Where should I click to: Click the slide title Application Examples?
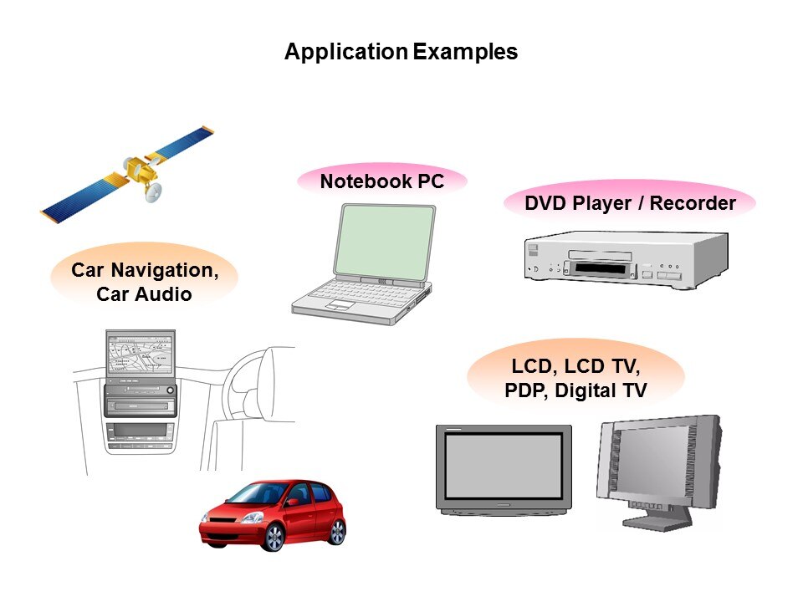401,52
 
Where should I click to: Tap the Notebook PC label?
381,181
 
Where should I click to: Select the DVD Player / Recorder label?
630,203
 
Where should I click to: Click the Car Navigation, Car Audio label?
145,282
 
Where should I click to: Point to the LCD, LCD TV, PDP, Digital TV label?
575,378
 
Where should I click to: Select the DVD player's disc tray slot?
598,268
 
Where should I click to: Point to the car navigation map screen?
140,356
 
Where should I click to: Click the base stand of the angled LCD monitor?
657,523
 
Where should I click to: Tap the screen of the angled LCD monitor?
664,465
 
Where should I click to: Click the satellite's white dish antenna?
154,193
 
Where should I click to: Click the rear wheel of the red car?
337,530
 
